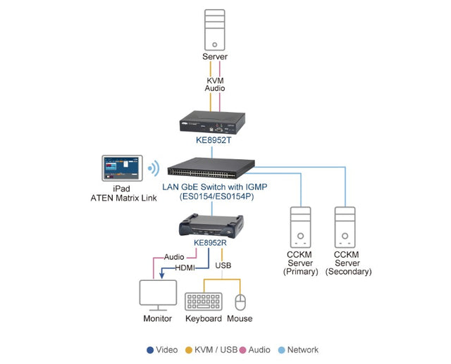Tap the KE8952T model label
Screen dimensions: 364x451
pos(215,140)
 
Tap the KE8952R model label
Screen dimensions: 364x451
pos(210,244)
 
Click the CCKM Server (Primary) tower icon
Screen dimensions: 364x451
pos(301,230)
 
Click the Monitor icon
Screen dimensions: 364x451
pos(158,294)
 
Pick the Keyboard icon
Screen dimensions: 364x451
pos(204,301)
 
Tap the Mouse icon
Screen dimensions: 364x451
pos(240,302)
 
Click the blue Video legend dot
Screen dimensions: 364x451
pos(150,350)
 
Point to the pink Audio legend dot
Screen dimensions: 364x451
pos(242,350)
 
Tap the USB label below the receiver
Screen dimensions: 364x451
pos(223,265)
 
